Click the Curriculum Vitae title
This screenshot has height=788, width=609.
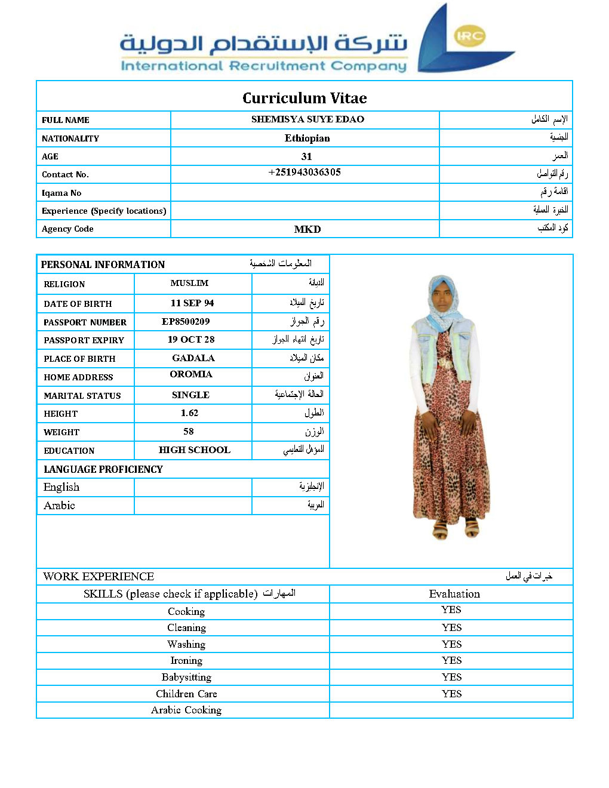point(304,98)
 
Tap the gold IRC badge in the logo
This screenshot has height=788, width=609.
point(469,36)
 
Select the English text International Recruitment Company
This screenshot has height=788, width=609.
point(263,66)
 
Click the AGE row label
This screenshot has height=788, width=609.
point(50,156)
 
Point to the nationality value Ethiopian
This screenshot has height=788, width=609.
point(307,138)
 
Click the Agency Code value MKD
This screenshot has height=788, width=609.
point(307,229)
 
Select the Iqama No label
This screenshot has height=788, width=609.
point(61,193)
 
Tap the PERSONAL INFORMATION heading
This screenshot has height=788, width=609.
point(103,264)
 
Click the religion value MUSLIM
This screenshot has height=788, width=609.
point(189,283)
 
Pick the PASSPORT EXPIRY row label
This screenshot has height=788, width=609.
point(84,340)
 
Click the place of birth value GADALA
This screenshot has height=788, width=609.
point(193,358)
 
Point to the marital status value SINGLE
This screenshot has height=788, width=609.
point(190,395)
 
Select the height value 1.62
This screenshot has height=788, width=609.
point(189,413)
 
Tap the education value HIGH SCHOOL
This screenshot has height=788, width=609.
point(194,450)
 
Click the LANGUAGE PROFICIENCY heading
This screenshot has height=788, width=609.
point(103,469)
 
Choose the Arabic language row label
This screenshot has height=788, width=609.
point(59,506)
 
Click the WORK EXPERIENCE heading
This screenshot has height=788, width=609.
point(99,576)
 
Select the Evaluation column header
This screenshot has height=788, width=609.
point(454,594)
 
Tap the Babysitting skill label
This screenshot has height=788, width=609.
point(186,677)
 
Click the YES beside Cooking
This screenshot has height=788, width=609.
point(451,610)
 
